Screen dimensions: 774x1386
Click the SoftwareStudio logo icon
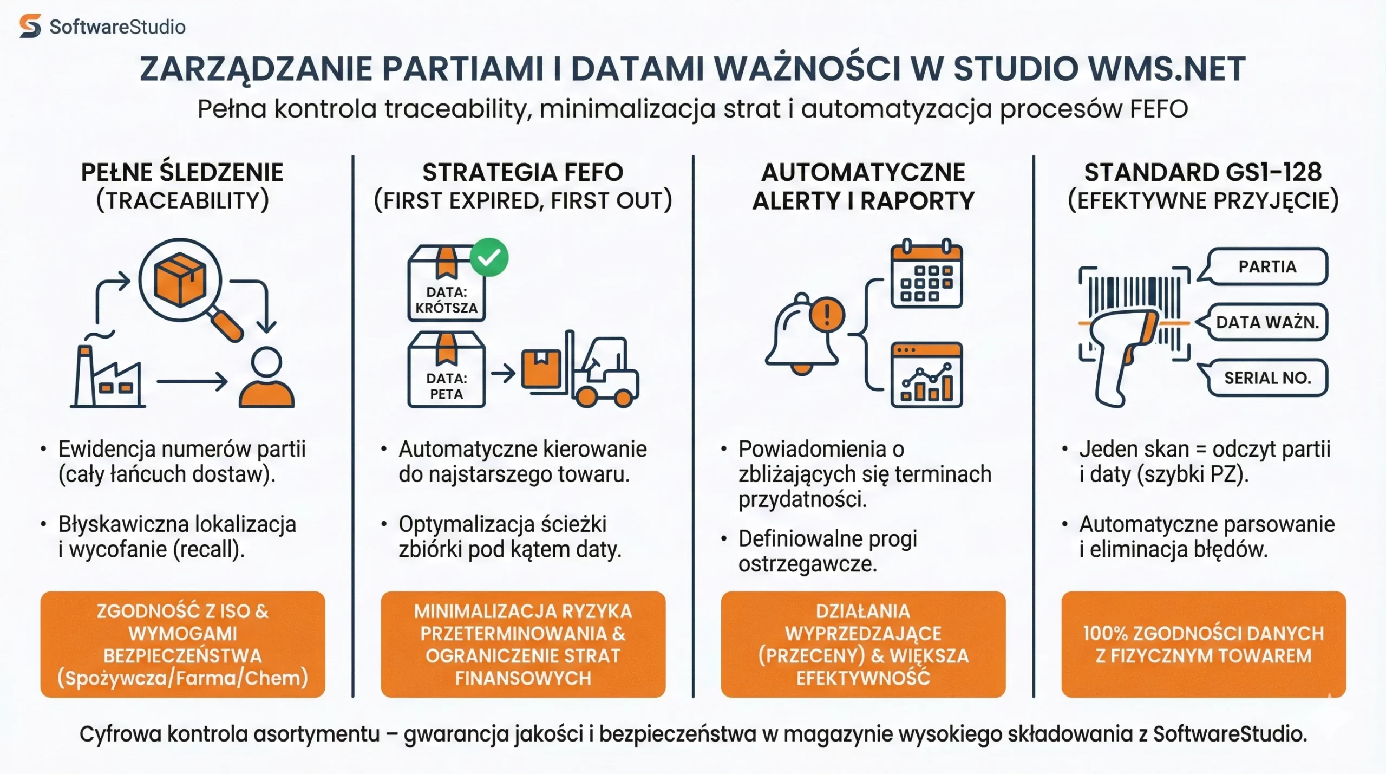point(30,26)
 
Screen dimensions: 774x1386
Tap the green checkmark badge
point(489,257)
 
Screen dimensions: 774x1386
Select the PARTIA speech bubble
point(1267,266)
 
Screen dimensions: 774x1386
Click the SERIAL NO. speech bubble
point(1267,378)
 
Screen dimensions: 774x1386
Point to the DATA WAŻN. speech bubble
point(1267,322)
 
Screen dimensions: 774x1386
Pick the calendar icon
point(926,274)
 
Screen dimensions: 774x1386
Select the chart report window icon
point(926,375)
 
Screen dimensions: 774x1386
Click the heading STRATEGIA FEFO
point(522,172)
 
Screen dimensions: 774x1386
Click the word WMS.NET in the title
point(1166,69)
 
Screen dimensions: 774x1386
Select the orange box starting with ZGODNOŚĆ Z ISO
point(182,644)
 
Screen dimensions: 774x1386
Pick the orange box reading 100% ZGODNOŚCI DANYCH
point(1203,644)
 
